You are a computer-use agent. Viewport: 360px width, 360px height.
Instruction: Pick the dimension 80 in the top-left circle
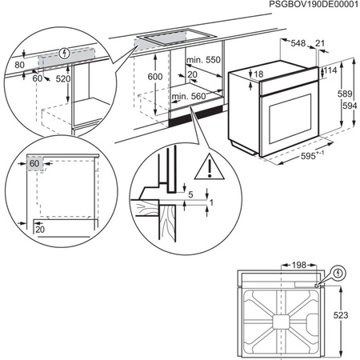19,66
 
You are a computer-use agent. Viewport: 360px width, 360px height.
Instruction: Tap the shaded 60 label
34,164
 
